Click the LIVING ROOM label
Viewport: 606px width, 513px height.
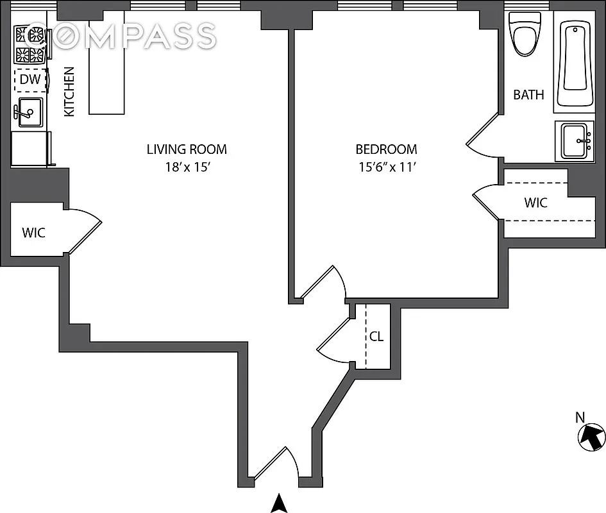187,150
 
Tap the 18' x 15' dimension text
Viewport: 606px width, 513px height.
187,168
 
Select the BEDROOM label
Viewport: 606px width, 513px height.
386,149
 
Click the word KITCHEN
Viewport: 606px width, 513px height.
69,91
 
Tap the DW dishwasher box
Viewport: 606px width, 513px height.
29,80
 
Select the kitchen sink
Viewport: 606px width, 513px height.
29,112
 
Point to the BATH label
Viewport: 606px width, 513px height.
528,95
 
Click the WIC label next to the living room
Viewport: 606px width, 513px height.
34,233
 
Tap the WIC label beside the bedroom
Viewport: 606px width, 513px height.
535,203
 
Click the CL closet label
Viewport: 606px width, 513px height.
376,336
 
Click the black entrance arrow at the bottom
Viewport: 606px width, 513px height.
278,503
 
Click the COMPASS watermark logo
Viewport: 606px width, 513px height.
122,36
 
